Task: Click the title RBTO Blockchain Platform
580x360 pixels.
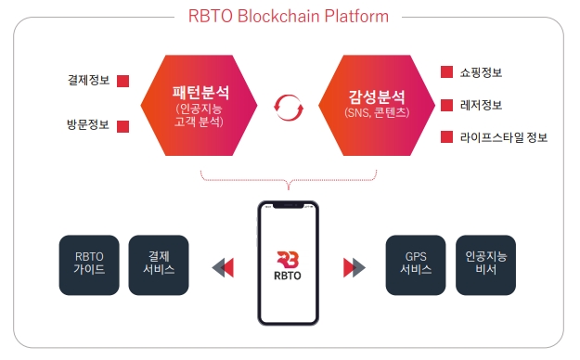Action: point(288,16)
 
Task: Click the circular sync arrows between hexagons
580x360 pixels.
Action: point(289,108)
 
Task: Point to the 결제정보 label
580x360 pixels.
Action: point(88,80)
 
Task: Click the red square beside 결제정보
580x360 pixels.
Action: point(122,81)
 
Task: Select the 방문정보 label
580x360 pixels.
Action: point(88,123)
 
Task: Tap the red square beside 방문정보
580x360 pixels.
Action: point(122,124)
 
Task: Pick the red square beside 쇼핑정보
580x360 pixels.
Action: point(447,71)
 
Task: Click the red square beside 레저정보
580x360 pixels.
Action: point(447,105)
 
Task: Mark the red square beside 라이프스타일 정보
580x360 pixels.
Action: point(447,138)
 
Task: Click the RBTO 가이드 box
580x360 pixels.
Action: point(89,264)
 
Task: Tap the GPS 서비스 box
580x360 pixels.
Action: point(416,264)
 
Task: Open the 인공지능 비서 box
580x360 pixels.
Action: point(486,264)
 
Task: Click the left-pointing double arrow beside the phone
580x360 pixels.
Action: point(223,268)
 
